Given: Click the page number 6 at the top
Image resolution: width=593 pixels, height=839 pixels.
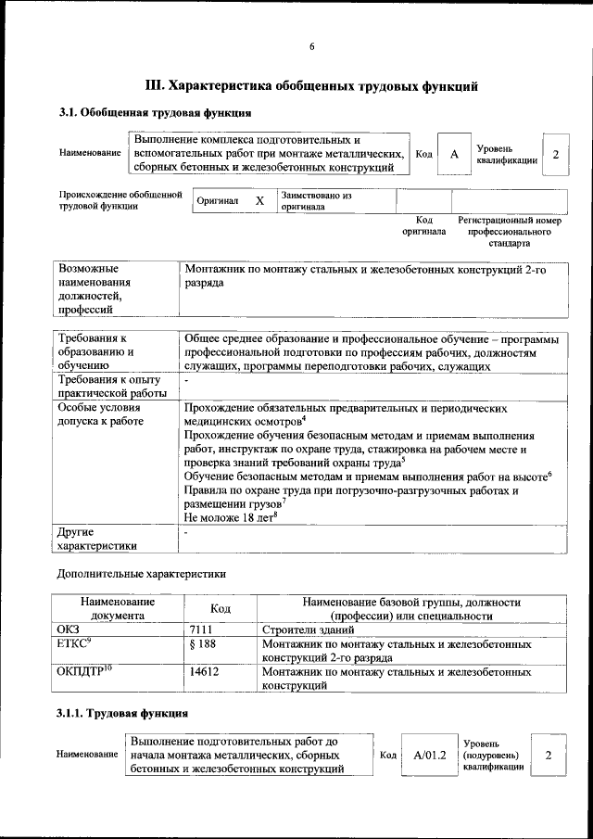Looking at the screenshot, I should [x=312, y=47].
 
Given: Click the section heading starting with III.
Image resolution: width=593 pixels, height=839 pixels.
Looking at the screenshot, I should [x=312, y=87].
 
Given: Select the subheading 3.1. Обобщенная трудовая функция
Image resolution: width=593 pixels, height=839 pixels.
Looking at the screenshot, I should [x=156, y=113].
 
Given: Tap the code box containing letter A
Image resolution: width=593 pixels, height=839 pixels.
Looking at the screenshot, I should [x=454, y=154].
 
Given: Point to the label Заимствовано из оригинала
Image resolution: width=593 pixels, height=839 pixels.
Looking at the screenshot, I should [x=316, y=201].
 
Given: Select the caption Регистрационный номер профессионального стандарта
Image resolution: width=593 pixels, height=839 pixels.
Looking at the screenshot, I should [x=510, y=232].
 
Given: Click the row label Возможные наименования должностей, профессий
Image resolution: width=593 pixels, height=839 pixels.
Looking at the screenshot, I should [x=94, y=288].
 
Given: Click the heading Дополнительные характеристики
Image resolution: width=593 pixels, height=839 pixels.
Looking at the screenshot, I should [x=142, y=574].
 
